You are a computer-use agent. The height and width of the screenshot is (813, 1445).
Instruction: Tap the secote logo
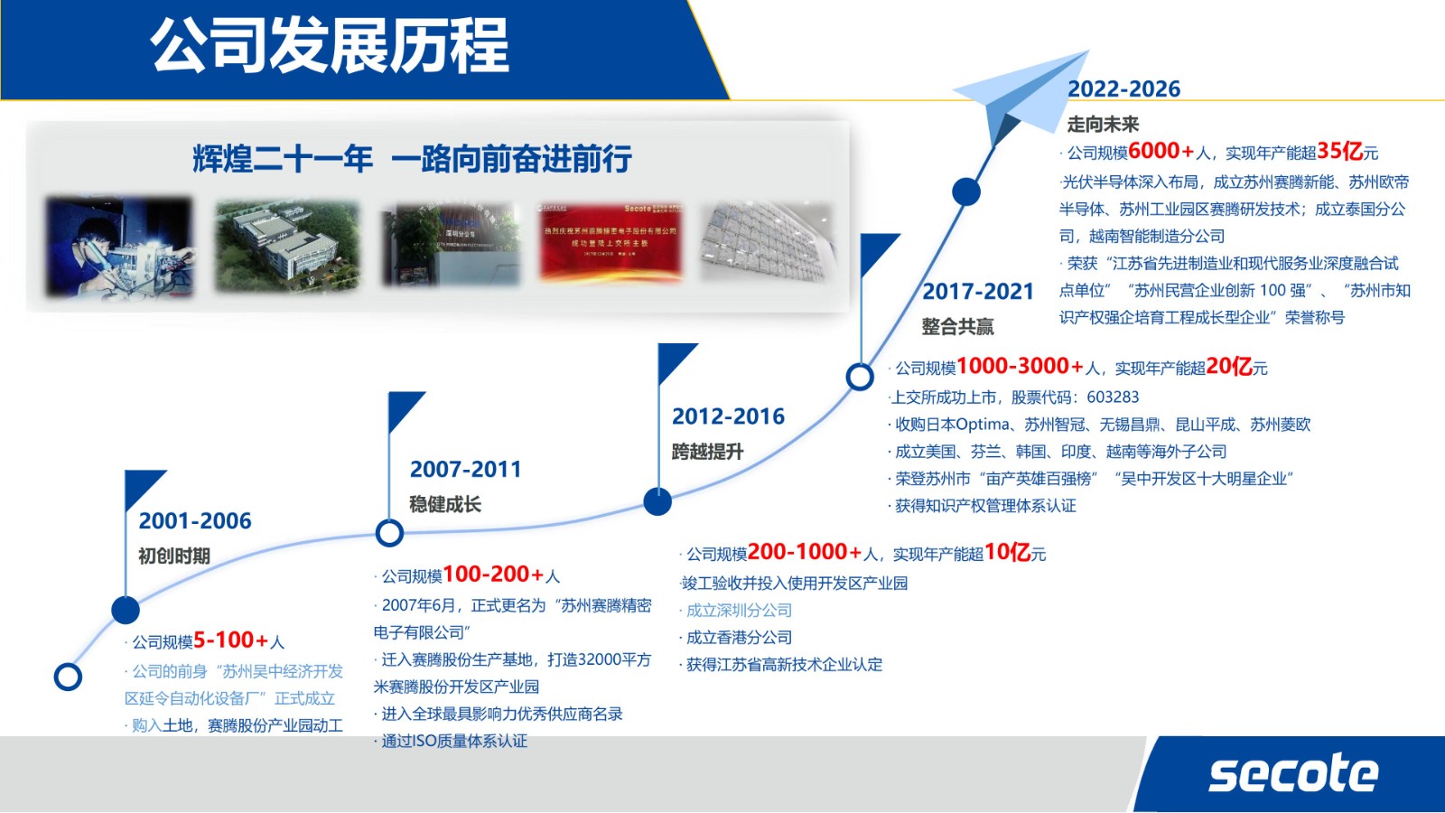1292,774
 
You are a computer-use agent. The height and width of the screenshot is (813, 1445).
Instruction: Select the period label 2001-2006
195,521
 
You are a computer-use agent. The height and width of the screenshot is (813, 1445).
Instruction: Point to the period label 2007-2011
466,470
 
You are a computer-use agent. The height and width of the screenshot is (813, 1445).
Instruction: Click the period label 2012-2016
728,416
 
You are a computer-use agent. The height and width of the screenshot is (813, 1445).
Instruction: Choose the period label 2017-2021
977,292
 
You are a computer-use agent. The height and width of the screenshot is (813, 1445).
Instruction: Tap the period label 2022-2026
1123,89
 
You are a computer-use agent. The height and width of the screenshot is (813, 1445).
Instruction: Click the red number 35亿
1340,151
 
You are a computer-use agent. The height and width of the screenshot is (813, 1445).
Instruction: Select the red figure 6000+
1161,151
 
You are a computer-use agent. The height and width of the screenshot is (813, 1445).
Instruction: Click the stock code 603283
1113,397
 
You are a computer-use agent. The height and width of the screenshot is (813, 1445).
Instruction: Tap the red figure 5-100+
231,640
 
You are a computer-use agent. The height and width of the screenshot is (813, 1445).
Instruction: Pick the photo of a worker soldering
119,247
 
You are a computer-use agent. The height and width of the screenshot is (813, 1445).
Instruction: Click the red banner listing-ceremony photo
611,241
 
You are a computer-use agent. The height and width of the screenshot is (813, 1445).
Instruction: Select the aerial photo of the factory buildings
287,245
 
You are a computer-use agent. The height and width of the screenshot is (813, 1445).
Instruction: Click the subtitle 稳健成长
445,504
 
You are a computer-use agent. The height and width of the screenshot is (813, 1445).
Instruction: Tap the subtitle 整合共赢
957,326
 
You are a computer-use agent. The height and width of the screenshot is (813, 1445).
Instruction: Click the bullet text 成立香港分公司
739,638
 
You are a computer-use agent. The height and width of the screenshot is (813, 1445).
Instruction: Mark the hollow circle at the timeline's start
68,677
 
